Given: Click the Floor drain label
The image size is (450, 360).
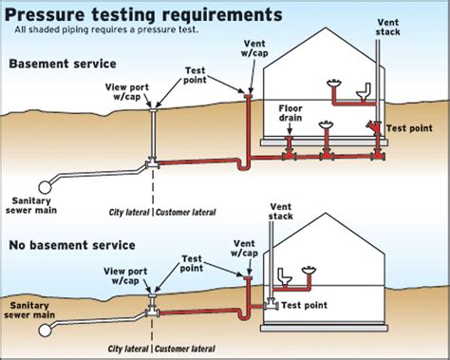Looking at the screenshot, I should pos(290,113).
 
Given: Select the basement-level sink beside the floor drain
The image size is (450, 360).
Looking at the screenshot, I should pos(326,125).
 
